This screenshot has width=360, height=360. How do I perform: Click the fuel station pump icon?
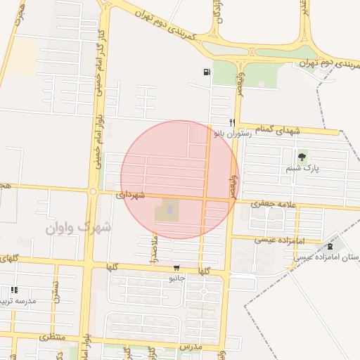(206, 71)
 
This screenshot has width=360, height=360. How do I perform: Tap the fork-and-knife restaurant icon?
(231, 122)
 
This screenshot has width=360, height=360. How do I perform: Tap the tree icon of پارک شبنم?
(302, 157)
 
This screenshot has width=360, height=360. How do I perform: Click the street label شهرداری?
(131, 194)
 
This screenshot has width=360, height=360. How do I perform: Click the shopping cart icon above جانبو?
(176, 268)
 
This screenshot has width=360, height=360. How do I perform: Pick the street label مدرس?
(191, 347)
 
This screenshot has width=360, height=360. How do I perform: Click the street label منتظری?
(51, 337)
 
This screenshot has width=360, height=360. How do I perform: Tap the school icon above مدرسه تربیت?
(14, 290)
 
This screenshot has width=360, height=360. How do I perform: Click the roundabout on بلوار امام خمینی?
(92, 191)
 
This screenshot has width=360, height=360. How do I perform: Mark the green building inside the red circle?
(167, 210)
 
